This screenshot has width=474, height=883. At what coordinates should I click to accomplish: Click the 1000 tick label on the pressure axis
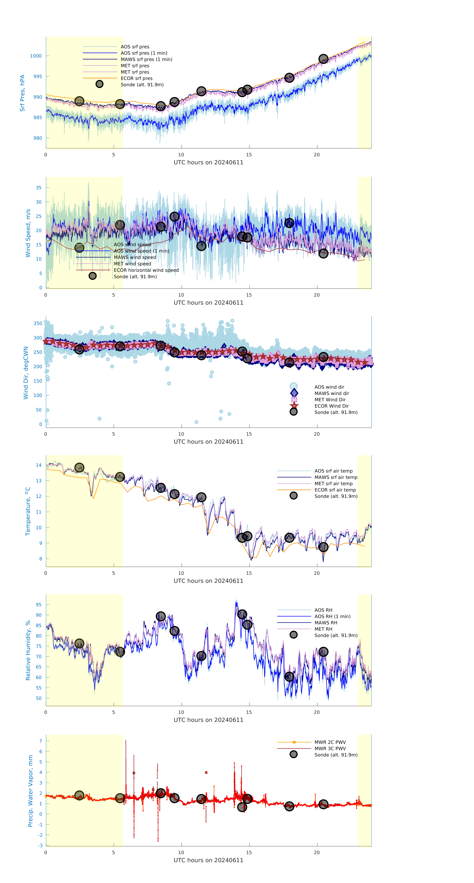pyautogui.click(x=36, y=56)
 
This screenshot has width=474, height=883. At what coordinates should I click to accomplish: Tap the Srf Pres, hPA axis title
pyautogui.click(x=22, y=93)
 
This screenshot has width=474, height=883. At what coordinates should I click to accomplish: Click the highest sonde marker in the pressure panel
pyautogui.click(x=323, y=59)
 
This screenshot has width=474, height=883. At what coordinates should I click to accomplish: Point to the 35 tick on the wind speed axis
pyautogui.click(x=39, y=188)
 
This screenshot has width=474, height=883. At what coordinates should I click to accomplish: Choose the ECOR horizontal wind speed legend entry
pyautogui.click(x=146, y=270)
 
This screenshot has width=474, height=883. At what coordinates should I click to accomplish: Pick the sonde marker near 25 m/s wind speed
pyautogui.click(x=174, y=217)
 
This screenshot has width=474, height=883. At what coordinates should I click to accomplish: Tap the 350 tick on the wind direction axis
pyautogui.click(x=38, y=323)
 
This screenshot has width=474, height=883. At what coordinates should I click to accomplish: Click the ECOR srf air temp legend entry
pyautogui.click(x=335, y=490)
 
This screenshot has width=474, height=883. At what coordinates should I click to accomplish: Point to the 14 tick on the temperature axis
pyautogui.click(x=39, y=465)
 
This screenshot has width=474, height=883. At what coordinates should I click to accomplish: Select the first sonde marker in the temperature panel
pyautogui.click(x=79, y=468)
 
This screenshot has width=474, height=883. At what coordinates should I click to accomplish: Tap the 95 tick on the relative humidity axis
pyautogui.click(x=39, y=605)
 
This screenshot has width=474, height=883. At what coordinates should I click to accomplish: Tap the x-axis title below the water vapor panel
pyautogui.click(x=208, y=860)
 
